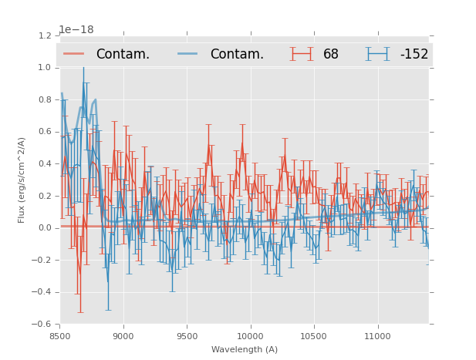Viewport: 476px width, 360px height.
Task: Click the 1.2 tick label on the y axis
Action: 46,35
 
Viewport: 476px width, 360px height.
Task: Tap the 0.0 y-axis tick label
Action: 46,227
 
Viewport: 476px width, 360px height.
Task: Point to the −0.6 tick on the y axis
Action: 43,324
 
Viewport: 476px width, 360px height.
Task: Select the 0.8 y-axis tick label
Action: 46,99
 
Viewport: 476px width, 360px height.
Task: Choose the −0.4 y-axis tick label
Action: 43,292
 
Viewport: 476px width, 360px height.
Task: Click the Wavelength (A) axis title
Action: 245,349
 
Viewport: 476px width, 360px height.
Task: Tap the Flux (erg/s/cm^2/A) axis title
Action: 22,180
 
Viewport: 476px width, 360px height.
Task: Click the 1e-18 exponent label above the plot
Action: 76,30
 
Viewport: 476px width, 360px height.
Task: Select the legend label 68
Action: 331,54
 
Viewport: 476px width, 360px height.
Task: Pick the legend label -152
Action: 414,54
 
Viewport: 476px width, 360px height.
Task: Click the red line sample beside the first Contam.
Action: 75,54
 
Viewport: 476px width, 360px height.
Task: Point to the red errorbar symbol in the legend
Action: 302,54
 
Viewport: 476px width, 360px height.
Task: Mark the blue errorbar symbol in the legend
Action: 377,54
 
